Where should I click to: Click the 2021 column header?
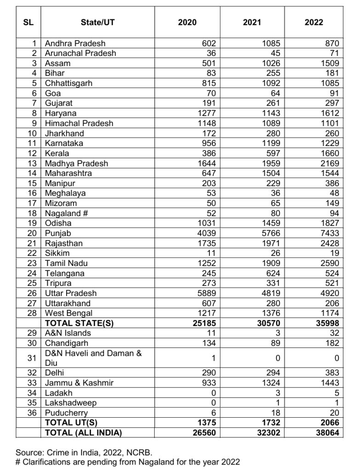pos(252,22)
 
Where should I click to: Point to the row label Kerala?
pos(57,153)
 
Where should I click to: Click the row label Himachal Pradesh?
pos(79,123)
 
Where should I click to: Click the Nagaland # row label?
pos(66,213)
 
